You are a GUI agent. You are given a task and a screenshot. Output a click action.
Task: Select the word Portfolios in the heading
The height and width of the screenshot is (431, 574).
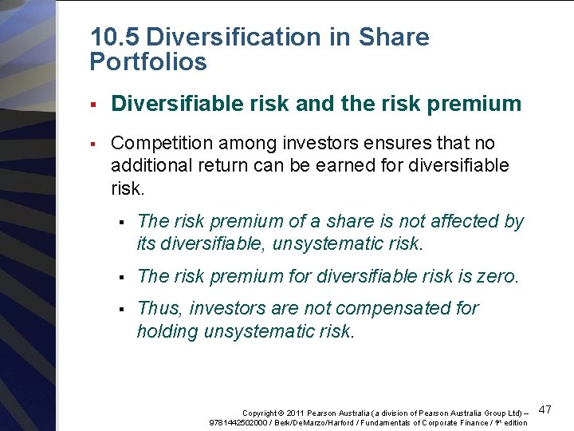coord(148,62)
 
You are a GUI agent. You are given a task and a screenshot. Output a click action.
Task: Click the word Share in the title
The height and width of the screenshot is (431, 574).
coord(395,38)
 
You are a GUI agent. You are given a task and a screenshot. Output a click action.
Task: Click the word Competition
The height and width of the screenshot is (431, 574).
coord(155,144)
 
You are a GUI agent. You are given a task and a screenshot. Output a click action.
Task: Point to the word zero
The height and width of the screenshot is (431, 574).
coord(497,277)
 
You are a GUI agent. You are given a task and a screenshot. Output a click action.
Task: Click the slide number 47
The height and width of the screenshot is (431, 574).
coord(545,409)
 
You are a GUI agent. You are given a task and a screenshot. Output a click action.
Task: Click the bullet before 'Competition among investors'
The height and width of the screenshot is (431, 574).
coord(93,144)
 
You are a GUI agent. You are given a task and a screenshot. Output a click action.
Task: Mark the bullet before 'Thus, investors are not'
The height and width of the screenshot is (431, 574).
coord(120,308)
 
